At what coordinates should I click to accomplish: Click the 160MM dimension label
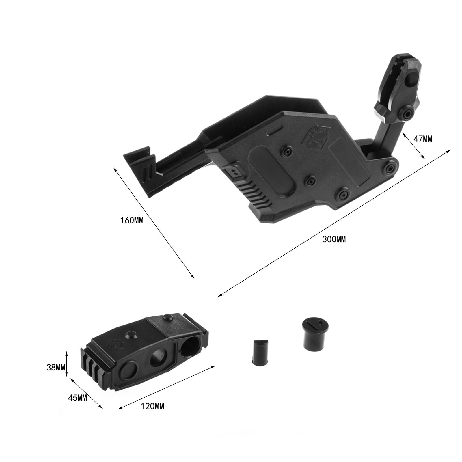coord(132,221)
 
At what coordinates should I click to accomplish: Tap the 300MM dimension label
coord(334,239)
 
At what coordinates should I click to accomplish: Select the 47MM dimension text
coord(423,139)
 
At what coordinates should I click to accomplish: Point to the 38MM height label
coord(56,367)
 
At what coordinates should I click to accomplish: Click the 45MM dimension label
coord(77,398)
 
